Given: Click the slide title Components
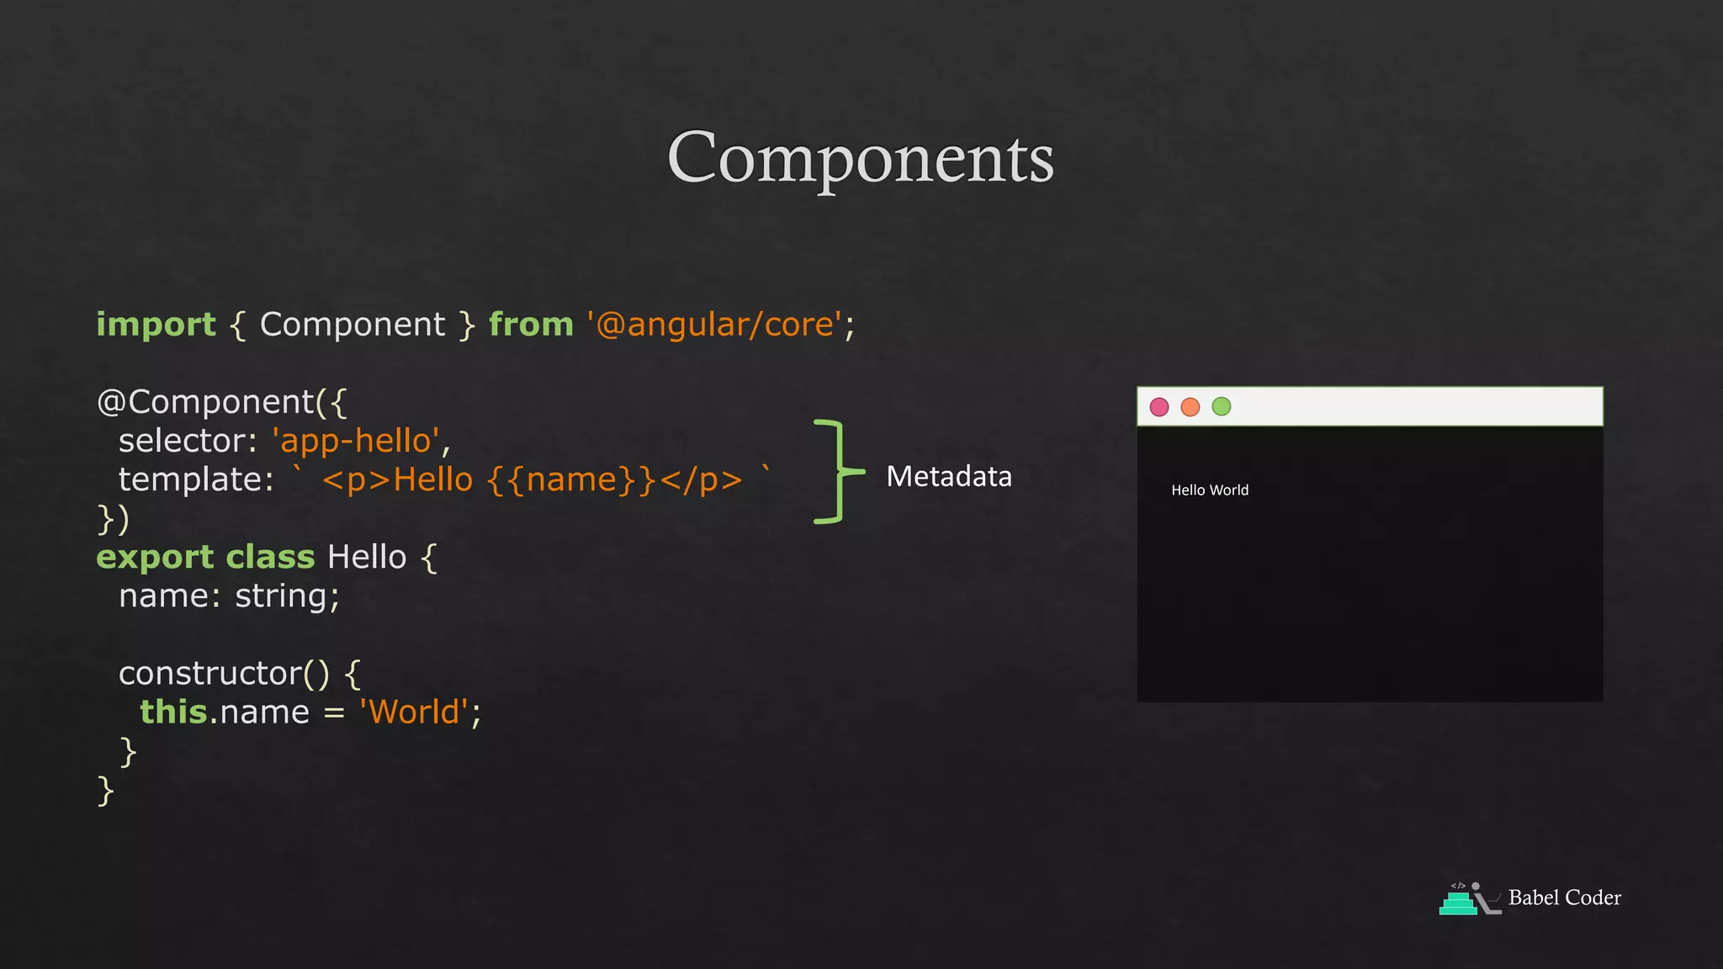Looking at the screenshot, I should click(x=860, y=158).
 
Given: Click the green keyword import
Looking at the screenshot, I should click(x=156, y=325).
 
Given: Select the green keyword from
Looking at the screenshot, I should click(x=531, y=325).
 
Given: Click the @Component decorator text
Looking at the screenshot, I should click(x=206, y=402).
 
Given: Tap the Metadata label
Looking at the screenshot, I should click(x=949, y=477).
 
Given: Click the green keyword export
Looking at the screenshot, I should click(x=156, y=557).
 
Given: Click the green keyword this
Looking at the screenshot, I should click(x=173, y=712).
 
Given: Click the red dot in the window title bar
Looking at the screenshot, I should click(x=1159, y=407).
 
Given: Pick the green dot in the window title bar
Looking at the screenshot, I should click(x=1222, y=407).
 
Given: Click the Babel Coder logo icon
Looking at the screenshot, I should click(x=1469, y=898).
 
